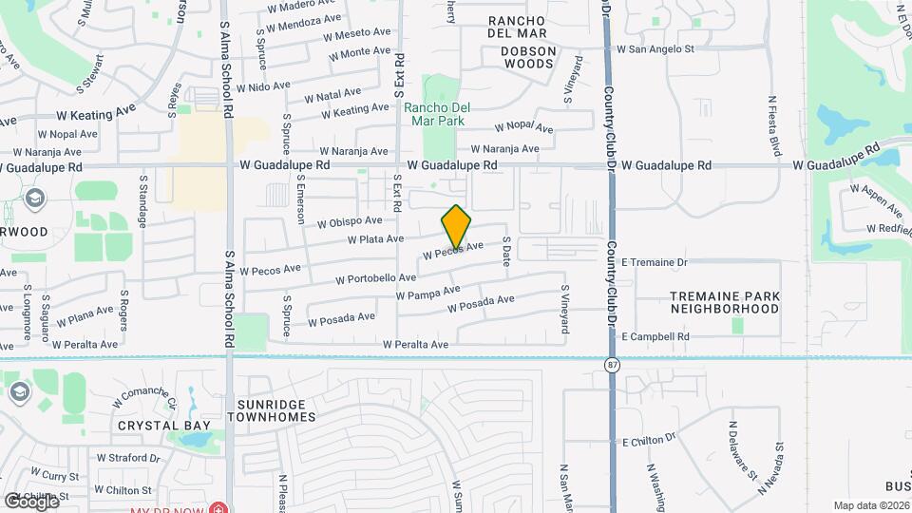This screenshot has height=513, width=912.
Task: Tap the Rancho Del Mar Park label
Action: coord(434,114)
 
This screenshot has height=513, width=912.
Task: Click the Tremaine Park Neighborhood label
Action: coord(725,302)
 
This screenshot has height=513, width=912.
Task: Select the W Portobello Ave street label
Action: coord(376,278)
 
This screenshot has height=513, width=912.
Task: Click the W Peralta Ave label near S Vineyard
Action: coord(414,344)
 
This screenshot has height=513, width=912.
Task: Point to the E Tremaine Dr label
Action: coord(654,261)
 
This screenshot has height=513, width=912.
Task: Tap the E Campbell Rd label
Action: coord(655,336)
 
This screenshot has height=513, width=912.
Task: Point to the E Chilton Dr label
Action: coord(649,441)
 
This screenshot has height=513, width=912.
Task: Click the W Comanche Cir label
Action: coord(143,392)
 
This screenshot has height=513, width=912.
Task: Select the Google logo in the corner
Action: coord(31,501)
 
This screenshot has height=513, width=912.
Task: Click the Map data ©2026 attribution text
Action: coord(871,505)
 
